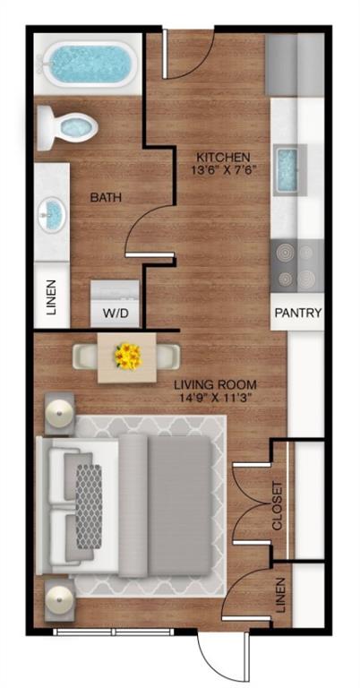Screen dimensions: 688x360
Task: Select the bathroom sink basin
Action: [x=52, y=214]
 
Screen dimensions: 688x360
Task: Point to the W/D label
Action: [x=115, y=314]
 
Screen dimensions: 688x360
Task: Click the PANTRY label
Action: [x=297, y=314]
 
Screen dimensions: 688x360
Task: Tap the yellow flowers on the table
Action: [x=127, y=357]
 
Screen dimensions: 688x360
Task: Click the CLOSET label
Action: [x=278, y=505]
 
